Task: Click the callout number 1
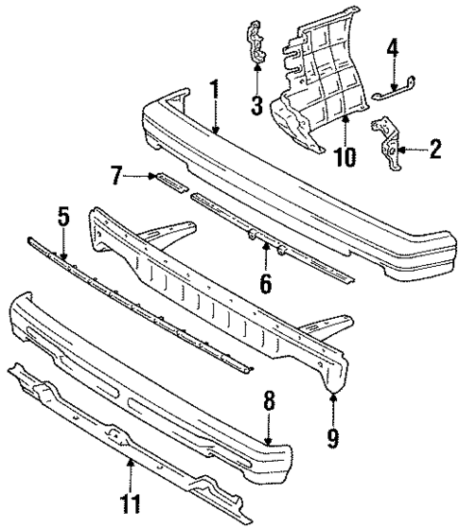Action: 215,91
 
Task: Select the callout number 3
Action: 256,105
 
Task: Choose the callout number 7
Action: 116,174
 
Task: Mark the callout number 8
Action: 269,401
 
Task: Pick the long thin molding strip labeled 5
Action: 142,301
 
